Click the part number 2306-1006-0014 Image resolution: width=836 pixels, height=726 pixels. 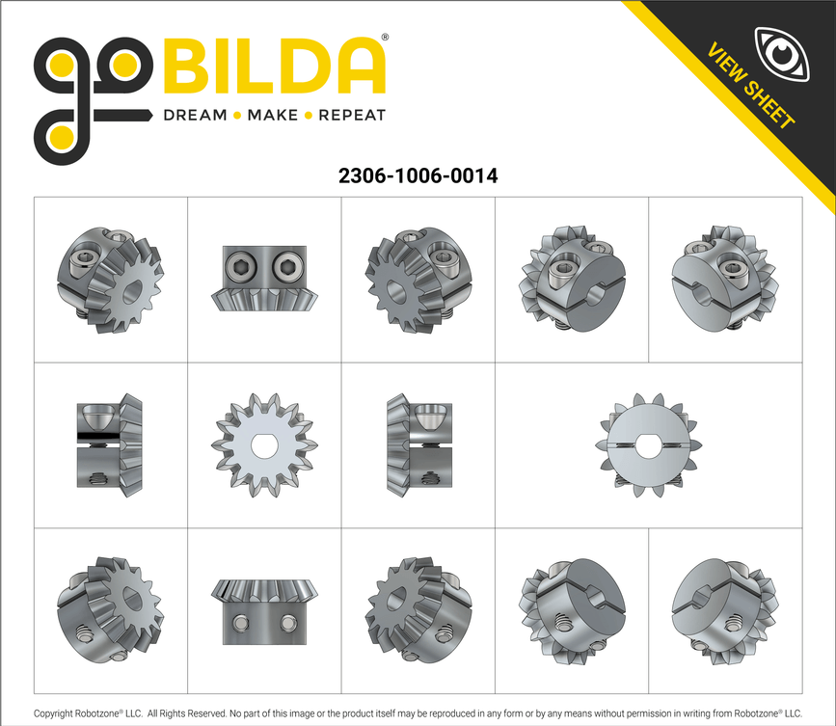(x=418, y=176)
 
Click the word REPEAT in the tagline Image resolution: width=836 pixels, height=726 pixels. (x=352, y=116)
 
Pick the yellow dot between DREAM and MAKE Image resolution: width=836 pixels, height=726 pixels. (x=237, y=116)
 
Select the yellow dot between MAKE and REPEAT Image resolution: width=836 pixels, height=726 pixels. (x=309, y=116)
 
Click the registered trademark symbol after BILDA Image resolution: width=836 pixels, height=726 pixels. (x=386, y=39)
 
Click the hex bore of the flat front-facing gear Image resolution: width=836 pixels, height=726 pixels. (x=263, y=445)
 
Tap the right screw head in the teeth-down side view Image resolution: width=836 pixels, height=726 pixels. (x=286, y=265)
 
